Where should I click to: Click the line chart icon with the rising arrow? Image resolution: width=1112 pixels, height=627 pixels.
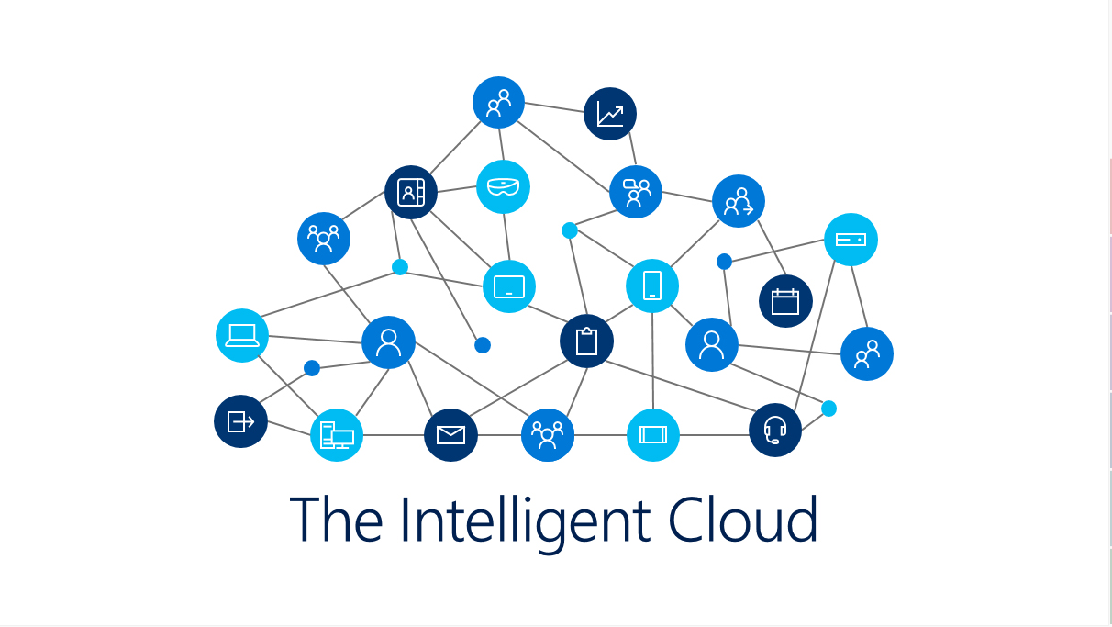610,114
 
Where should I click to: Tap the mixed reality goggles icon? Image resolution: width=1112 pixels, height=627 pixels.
503,186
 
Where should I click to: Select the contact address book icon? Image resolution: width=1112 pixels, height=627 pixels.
410,192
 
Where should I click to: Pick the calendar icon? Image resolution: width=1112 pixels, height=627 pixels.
785,301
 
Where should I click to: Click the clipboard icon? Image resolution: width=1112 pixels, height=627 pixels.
586,341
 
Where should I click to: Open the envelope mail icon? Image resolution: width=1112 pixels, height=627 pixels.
450,435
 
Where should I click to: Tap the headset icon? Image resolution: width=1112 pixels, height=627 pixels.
775,430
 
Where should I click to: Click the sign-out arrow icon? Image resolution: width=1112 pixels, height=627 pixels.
240,421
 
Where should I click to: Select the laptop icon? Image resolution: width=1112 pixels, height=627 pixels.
242,335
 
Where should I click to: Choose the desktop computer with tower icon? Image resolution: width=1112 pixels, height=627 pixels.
337,435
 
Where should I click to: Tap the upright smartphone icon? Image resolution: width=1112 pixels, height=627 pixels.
652,286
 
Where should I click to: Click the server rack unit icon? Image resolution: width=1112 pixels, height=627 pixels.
851,240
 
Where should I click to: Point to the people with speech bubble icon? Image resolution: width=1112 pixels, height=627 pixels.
636,192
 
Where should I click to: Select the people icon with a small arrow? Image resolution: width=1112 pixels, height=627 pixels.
739,201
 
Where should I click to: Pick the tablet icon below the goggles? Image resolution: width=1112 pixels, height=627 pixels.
509,286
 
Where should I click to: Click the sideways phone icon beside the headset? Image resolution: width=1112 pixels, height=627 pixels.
653,435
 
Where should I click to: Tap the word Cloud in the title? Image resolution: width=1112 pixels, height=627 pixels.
743,520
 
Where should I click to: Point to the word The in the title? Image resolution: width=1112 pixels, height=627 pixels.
336,520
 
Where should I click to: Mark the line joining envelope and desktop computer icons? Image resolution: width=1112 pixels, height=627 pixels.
394,435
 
